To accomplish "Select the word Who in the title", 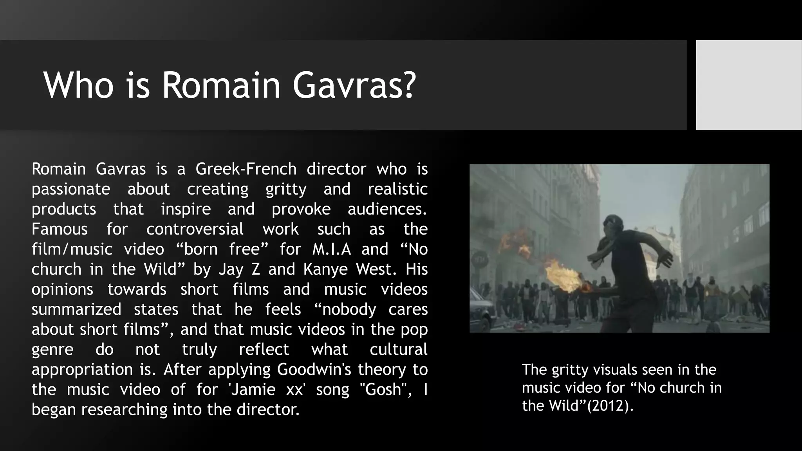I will point(78,85).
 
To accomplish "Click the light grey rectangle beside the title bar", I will point(748,85).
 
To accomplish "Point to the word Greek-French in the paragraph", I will point(246,169).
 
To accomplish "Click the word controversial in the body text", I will point(195,229).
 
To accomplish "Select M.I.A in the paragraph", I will point(332,249).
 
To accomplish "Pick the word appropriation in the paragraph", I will point(82,370).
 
